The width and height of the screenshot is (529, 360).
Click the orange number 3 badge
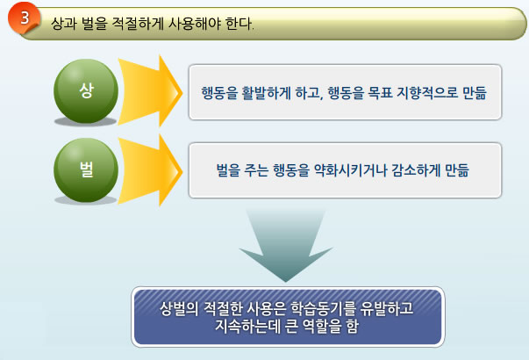click(24, 18)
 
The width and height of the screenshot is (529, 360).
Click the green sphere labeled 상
click(86, 90)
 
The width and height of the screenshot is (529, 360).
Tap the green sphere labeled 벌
click(86, 169)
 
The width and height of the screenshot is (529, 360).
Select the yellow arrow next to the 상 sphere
click(150, 91)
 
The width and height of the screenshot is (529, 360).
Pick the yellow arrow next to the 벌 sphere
click(150, 170)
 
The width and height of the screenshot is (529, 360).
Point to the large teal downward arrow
click(286, 246)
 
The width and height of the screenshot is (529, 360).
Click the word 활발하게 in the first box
click(266, 93)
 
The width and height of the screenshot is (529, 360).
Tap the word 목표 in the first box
click(380, 93)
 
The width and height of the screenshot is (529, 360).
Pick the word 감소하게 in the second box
click(416, 170)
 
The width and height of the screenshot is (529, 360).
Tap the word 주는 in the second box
click(256, 170)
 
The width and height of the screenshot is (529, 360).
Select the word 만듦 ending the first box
click(475, 93)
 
